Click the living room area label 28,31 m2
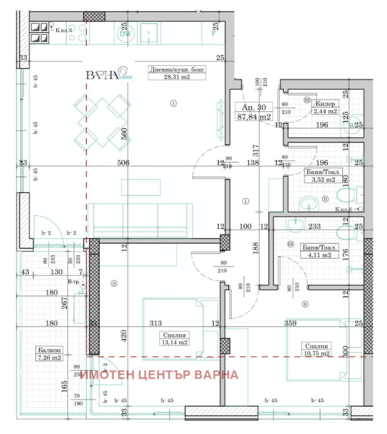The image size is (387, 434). (178, 77)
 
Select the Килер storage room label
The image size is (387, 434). (325, 103)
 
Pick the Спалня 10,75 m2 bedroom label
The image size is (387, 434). (317, 350)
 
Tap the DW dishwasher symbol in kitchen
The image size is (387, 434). (125, 34)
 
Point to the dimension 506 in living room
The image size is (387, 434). (124, 163)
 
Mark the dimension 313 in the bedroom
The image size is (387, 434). (154, 323)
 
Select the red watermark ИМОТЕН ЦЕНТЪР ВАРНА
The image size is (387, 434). (159, 375)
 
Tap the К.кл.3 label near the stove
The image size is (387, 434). (65, 29)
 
